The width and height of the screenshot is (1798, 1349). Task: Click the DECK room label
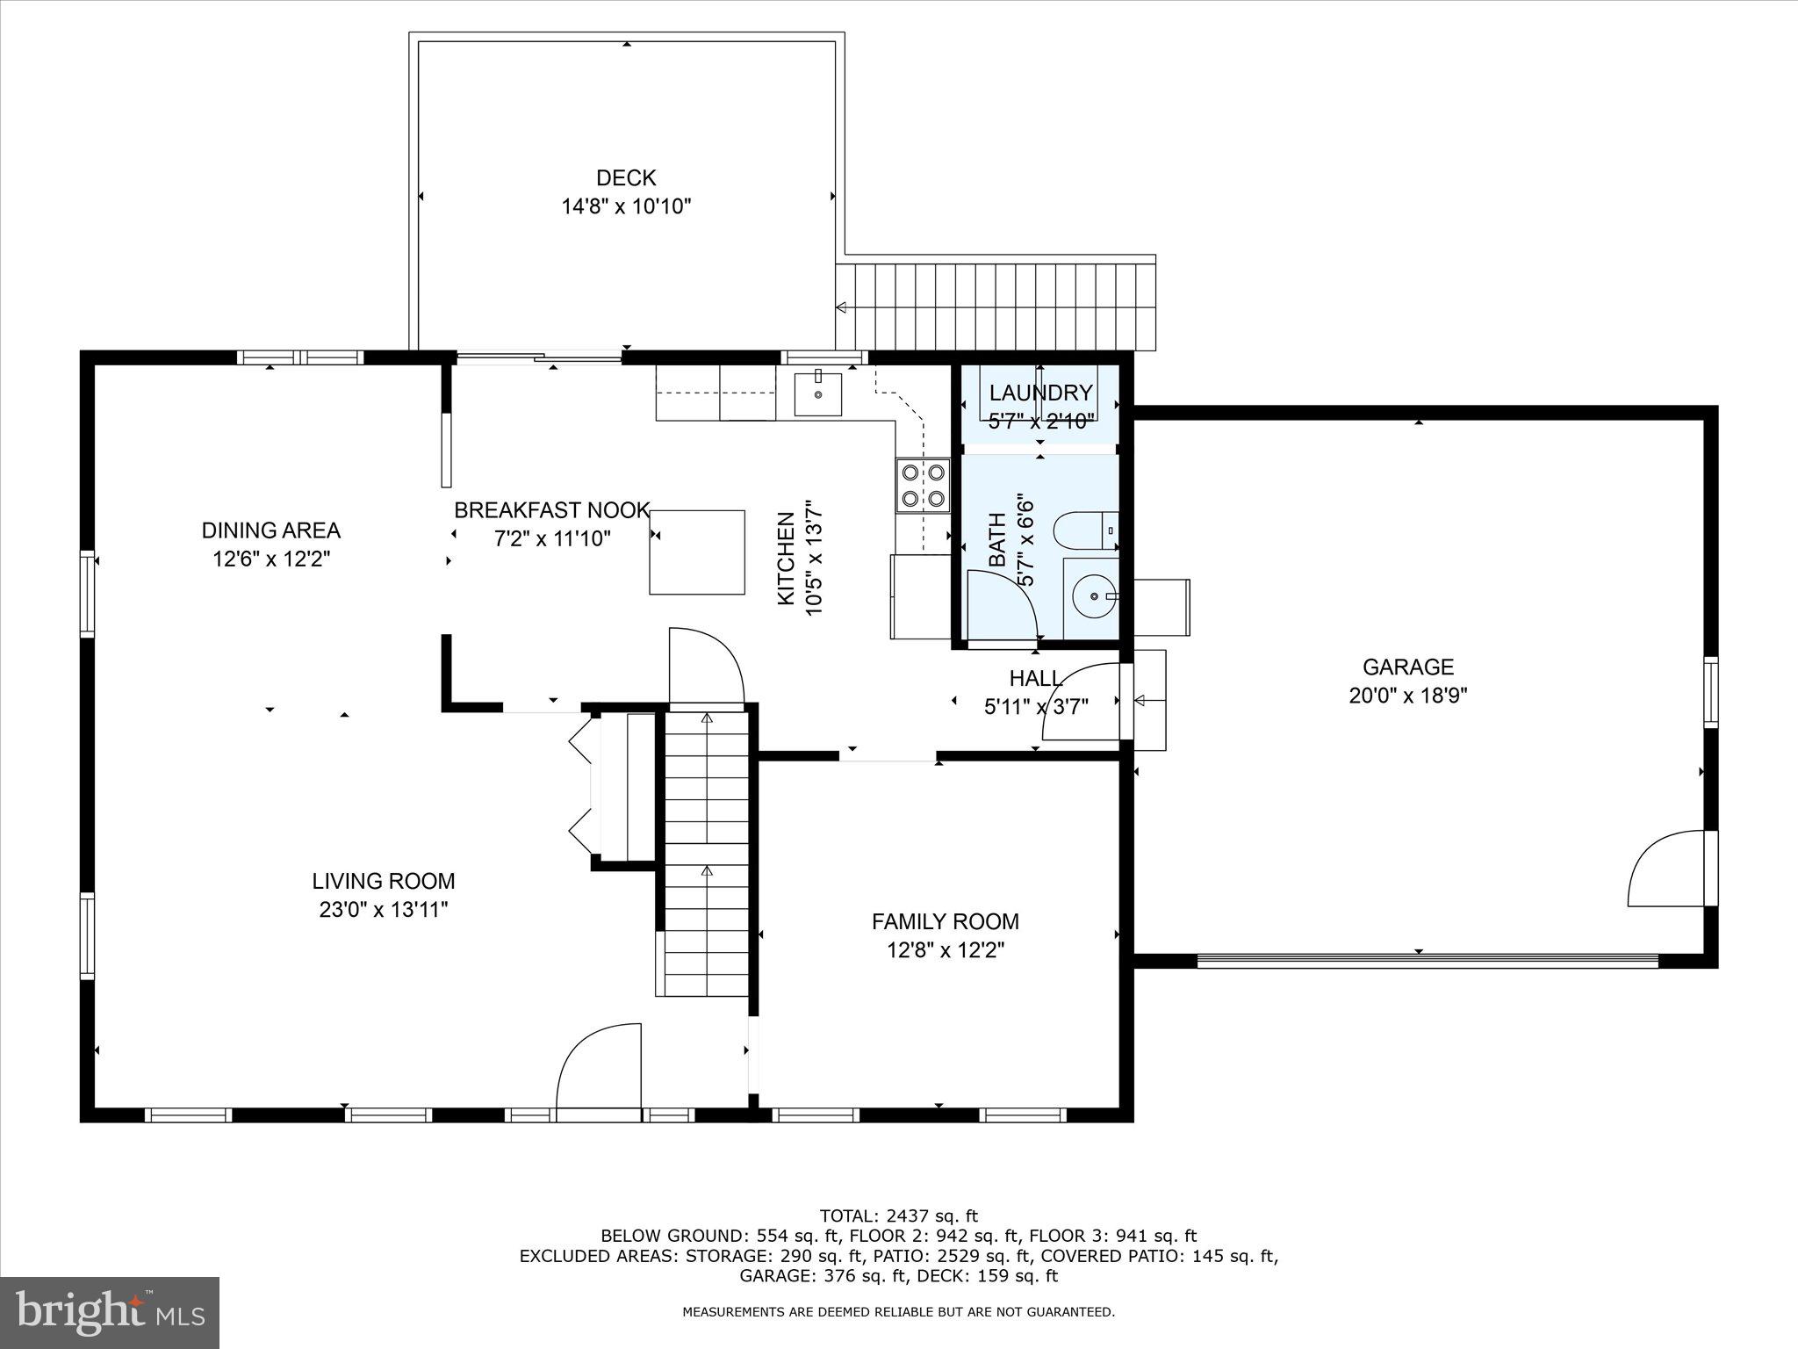click(626, 178)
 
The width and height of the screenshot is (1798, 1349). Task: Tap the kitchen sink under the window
click(817, 394)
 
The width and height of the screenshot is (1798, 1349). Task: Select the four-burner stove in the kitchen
click(923, 486)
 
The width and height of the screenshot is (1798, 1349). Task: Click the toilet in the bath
click(1083, 530)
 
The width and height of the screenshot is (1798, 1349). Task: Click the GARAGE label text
click(1408, 667)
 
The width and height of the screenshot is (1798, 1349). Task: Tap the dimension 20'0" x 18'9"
click(1408, 696)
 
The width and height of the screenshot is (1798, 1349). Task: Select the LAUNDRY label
click(1040, 393)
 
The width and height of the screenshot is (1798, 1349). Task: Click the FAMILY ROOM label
click(945, 921)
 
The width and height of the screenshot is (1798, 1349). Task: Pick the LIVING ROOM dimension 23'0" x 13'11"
click(384, 910)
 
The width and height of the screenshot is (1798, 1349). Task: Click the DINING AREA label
click(270, 530)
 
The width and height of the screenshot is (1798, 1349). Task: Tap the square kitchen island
click(697, 552)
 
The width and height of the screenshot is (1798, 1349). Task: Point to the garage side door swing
click(1666, 869)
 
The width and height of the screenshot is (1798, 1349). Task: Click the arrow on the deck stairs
click(841, 307)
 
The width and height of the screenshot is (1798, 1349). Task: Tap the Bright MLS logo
click(110, 1312)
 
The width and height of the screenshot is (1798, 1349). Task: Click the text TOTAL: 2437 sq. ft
click(898, 1216)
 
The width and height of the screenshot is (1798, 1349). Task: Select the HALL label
click(1035, 678)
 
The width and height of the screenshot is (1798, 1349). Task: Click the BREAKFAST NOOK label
click(551, 510)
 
